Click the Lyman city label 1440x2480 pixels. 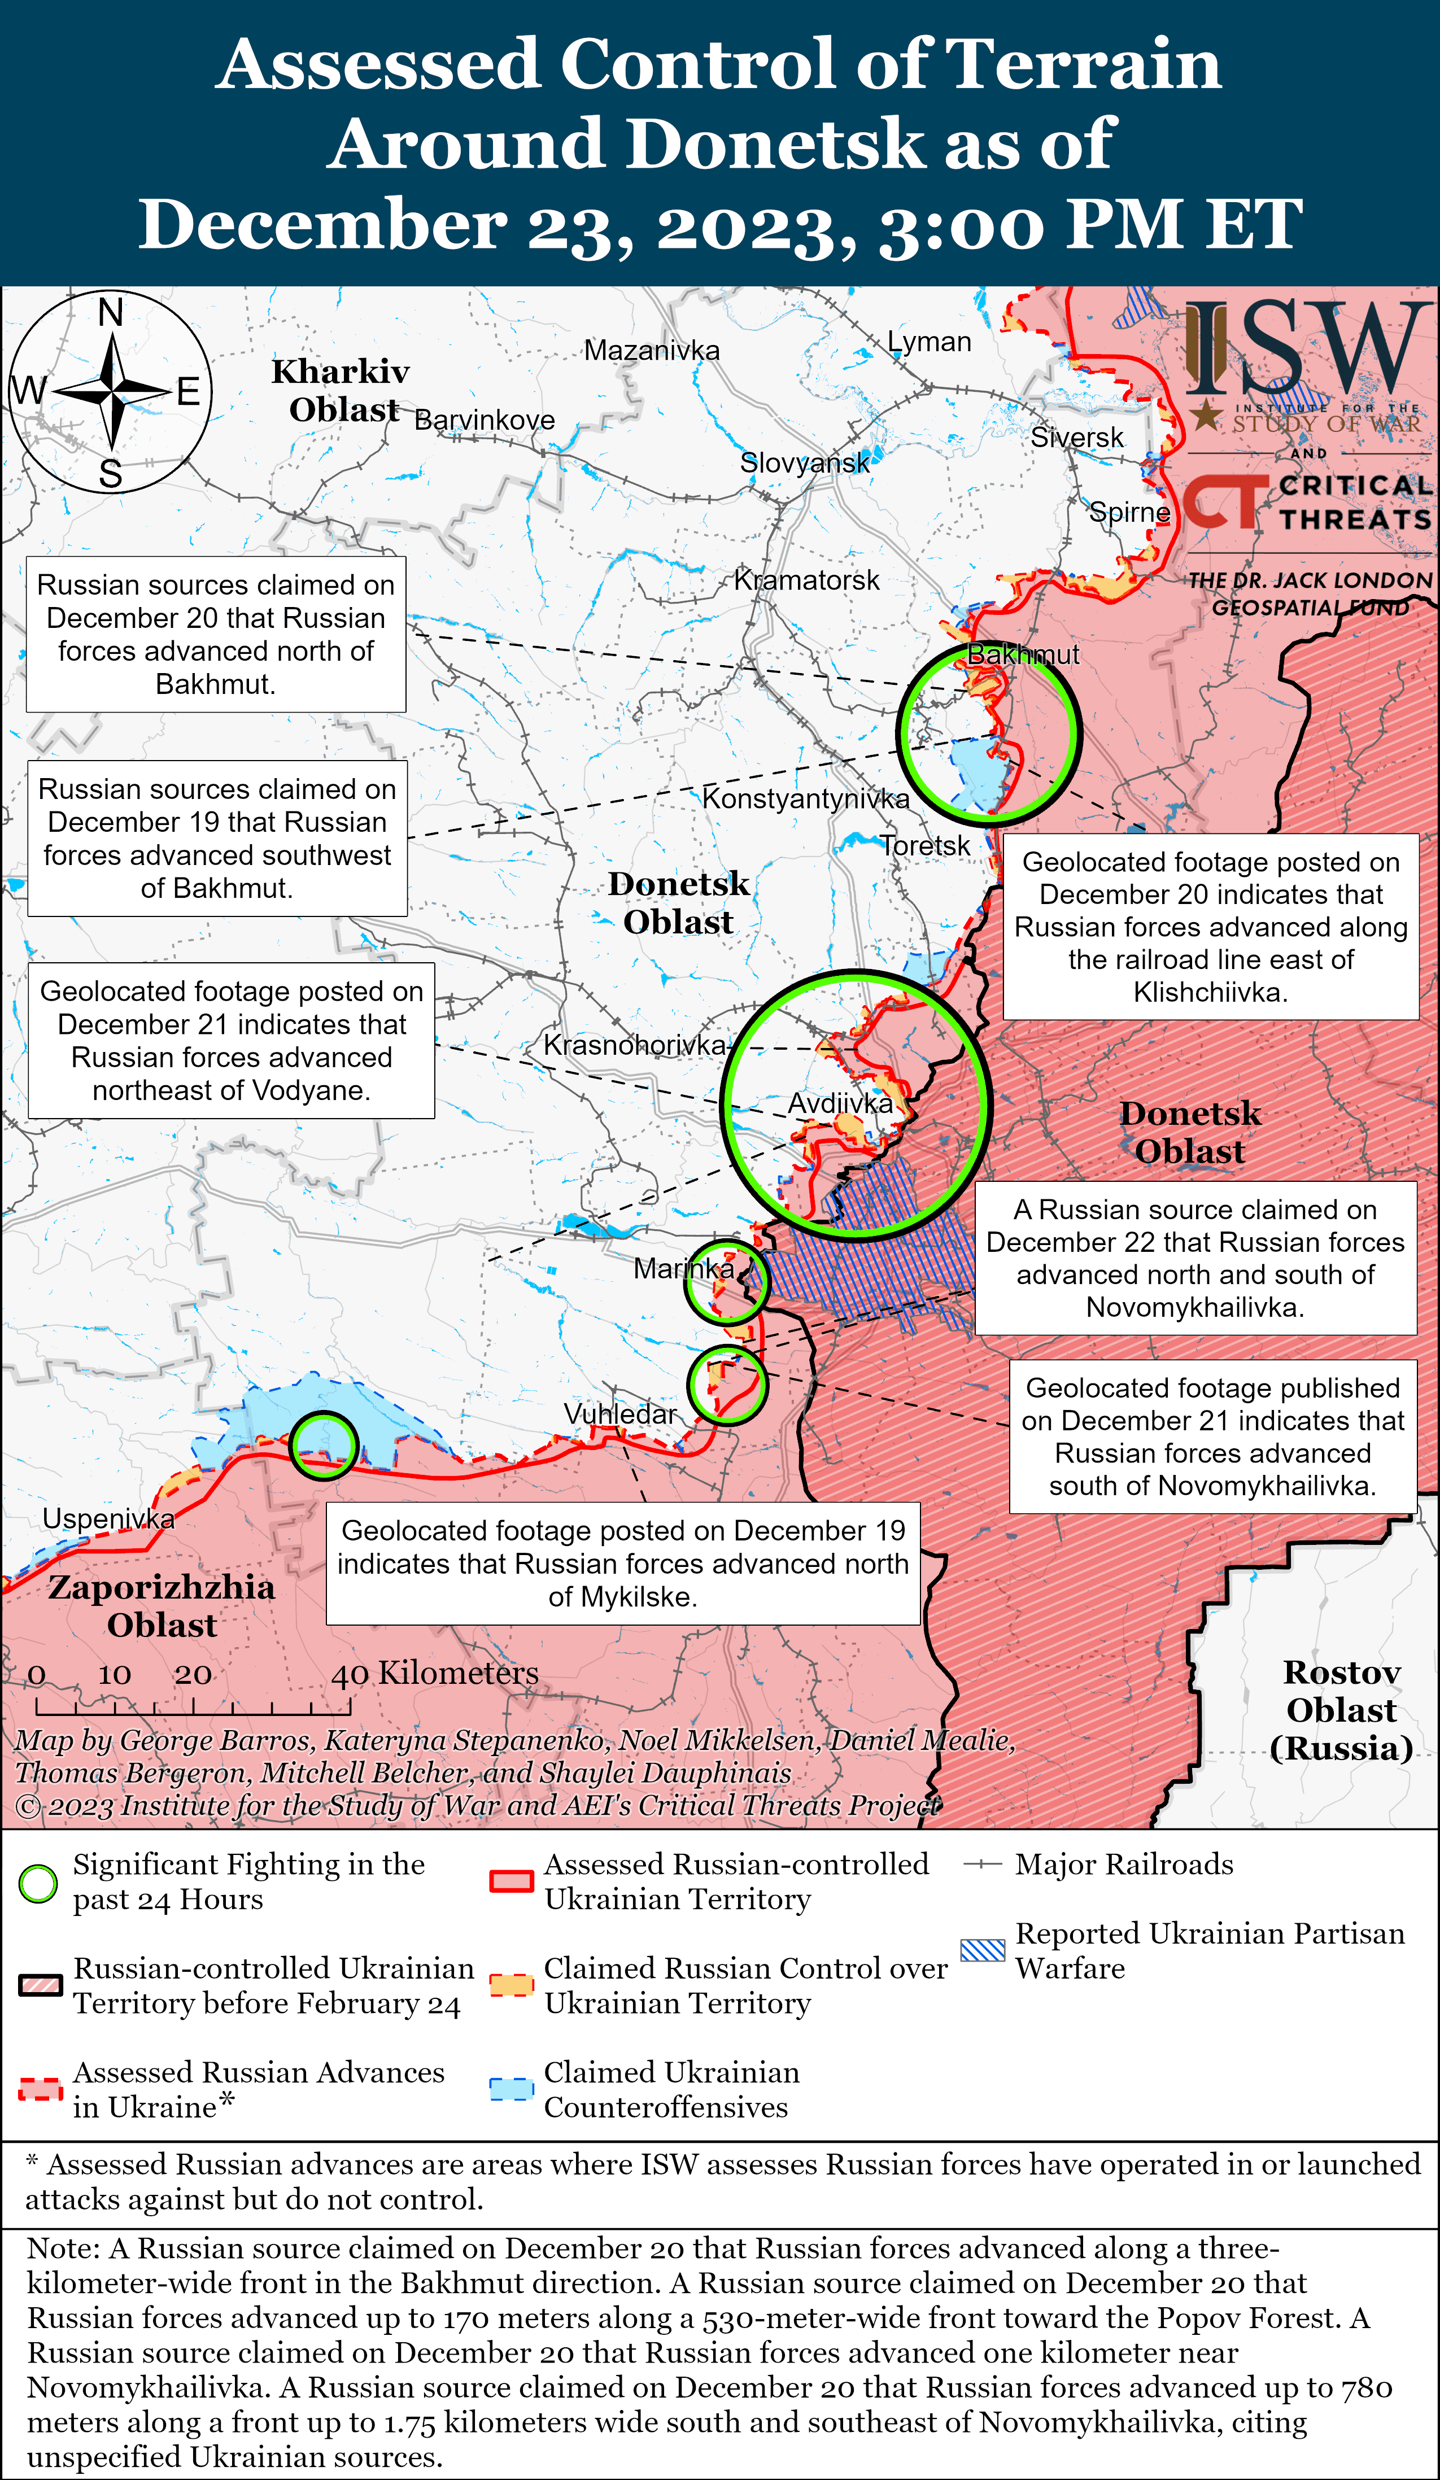point(929,343)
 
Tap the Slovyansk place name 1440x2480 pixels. point(804,462)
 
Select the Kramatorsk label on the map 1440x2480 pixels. point(806,580)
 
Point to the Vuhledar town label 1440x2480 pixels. point(620,1414)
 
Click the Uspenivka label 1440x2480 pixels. point(108,1518)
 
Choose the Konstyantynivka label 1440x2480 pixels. point(805,798)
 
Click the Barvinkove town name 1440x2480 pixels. point(485,420)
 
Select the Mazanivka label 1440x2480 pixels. point(652,350)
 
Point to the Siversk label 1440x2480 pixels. point(1077,438)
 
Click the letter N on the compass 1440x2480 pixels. point(110,313)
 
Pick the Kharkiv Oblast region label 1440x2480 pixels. point(341,391)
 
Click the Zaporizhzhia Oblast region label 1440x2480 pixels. point(162,1605)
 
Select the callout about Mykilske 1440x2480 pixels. point(622,1563)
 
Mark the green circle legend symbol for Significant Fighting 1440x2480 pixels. point(38,1883)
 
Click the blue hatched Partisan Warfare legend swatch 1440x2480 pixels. point(983,1950)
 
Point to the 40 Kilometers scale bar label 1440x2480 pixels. point(435,1673)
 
